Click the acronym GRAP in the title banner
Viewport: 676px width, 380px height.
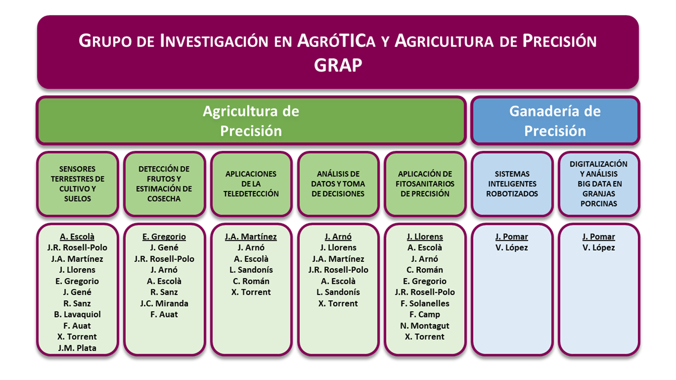point(338,65)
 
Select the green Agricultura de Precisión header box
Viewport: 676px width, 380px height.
point(251,121)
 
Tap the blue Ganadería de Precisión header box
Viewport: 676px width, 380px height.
point(555,121)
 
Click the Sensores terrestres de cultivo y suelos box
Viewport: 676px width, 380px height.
point(78,184)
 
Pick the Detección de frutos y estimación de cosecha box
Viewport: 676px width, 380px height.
point(164,184)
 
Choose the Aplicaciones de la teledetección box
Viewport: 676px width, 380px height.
point(251,184)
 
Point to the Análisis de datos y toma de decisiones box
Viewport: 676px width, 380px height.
point(338,184)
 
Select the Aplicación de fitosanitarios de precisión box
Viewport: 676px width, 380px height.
point(425,184)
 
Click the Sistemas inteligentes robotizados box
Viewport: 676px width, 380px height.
point(512,184)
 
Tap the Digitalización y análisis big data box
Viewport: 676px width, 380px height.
point(599,184)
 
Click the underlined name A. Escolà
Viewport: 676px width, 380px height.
point(77,237)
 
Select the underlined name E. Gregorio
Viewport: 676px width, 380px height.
point(164,237)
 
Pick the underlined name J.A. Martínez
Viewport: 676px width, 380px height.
point(251,237)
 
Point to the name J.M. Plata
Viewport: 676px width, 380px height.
point(77,348)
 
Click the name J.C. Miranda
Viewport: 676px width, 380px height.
point(164,303)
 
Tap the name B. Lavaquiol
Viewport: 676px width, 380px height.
point(77,315)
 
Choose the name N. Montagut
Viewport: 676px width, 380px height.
point(425,326)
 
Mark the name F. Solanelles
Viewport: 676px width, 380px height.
point(425,303)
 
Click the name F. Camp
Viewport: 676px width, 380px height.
point(425,315)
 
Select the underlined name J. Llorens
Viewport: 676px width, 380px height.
point(425,237)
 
